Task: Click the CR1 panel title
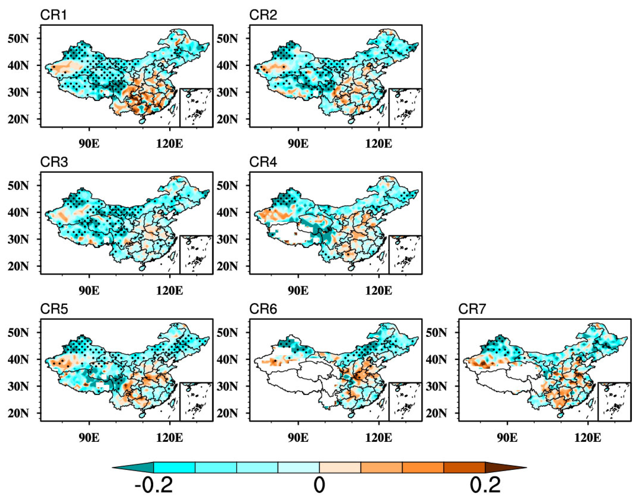point(53,15)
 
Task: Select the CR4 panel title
point(263,162)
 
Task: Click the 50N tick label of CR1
point(18,39)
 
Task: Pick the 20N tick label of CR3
point(18,267)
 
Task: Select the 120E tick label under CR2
point(378,144)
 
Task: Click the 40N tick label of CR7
point(436,359)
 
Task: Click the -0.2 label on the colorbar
point(154,485)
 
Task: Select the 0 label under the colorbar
point(319,485)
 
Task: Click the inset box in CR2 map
point(405,108)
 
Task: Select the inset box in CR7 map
point(614,402)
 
